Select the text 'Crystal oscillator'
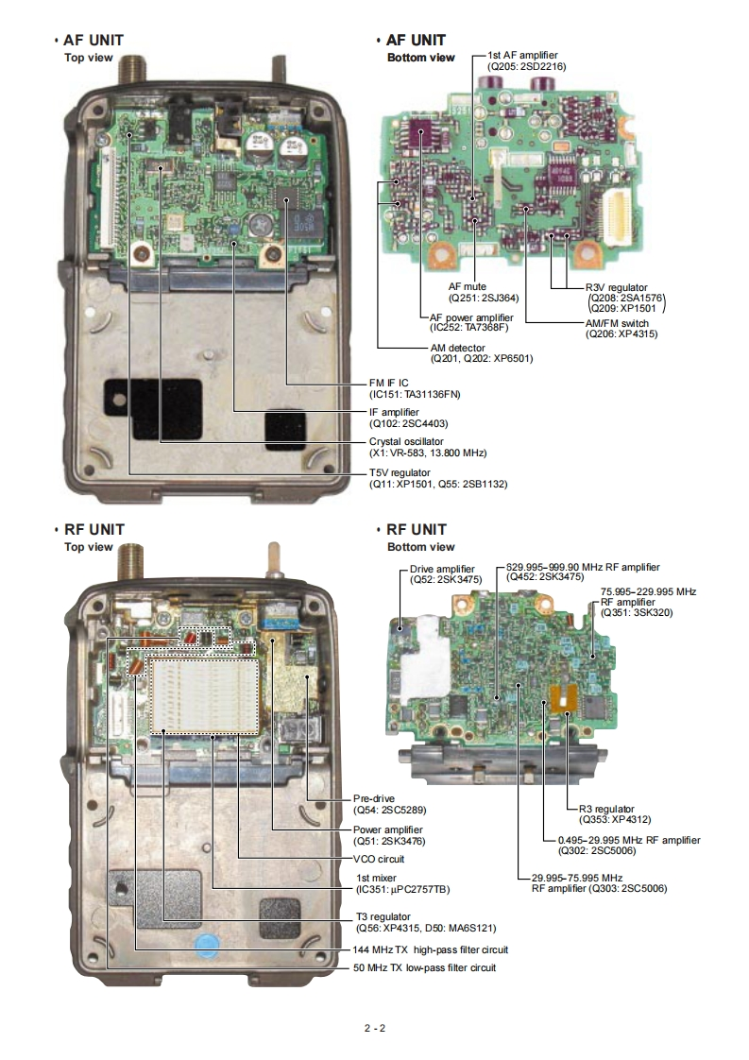(x=406, y=441)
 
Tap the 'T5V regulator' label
(x=400, y=471)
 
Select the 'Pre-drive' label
(x=374, y=796)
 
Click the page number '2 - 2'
(x=374, y=1028)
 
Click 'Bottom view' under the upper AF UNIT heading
(x=420, y=58)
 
